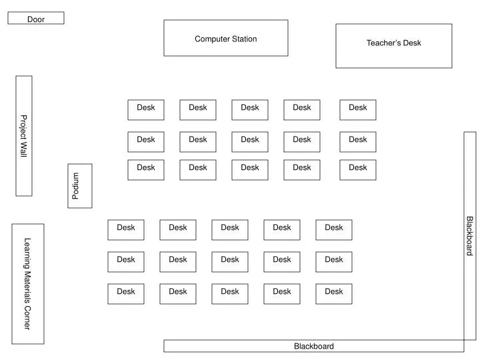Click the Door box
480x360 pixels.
36,18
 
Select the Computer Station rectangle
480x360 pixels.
226,38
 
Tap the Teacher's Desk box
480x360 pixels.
393,45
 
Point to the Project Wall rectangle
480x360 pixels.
24,135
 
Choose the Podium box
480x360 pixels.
80,186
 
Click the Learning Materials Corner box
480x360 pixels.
28,284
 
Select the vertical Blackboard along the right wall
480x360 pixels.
470,235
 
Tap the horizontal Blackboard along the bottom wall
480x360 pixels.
313,346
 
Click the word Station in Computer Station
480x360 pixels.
243,39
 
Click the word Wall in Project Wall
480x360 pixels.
23,149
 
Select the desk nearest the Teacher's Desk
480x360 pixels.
358,110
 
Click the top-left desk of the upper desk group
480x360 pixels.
146,110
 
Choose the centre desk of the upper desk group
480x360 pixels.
250,142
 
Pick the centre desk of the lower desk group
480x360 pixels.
230,262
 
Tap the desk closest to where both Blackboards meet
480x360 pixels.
334,294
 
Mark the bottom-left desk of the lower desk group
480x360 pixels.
126,294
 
